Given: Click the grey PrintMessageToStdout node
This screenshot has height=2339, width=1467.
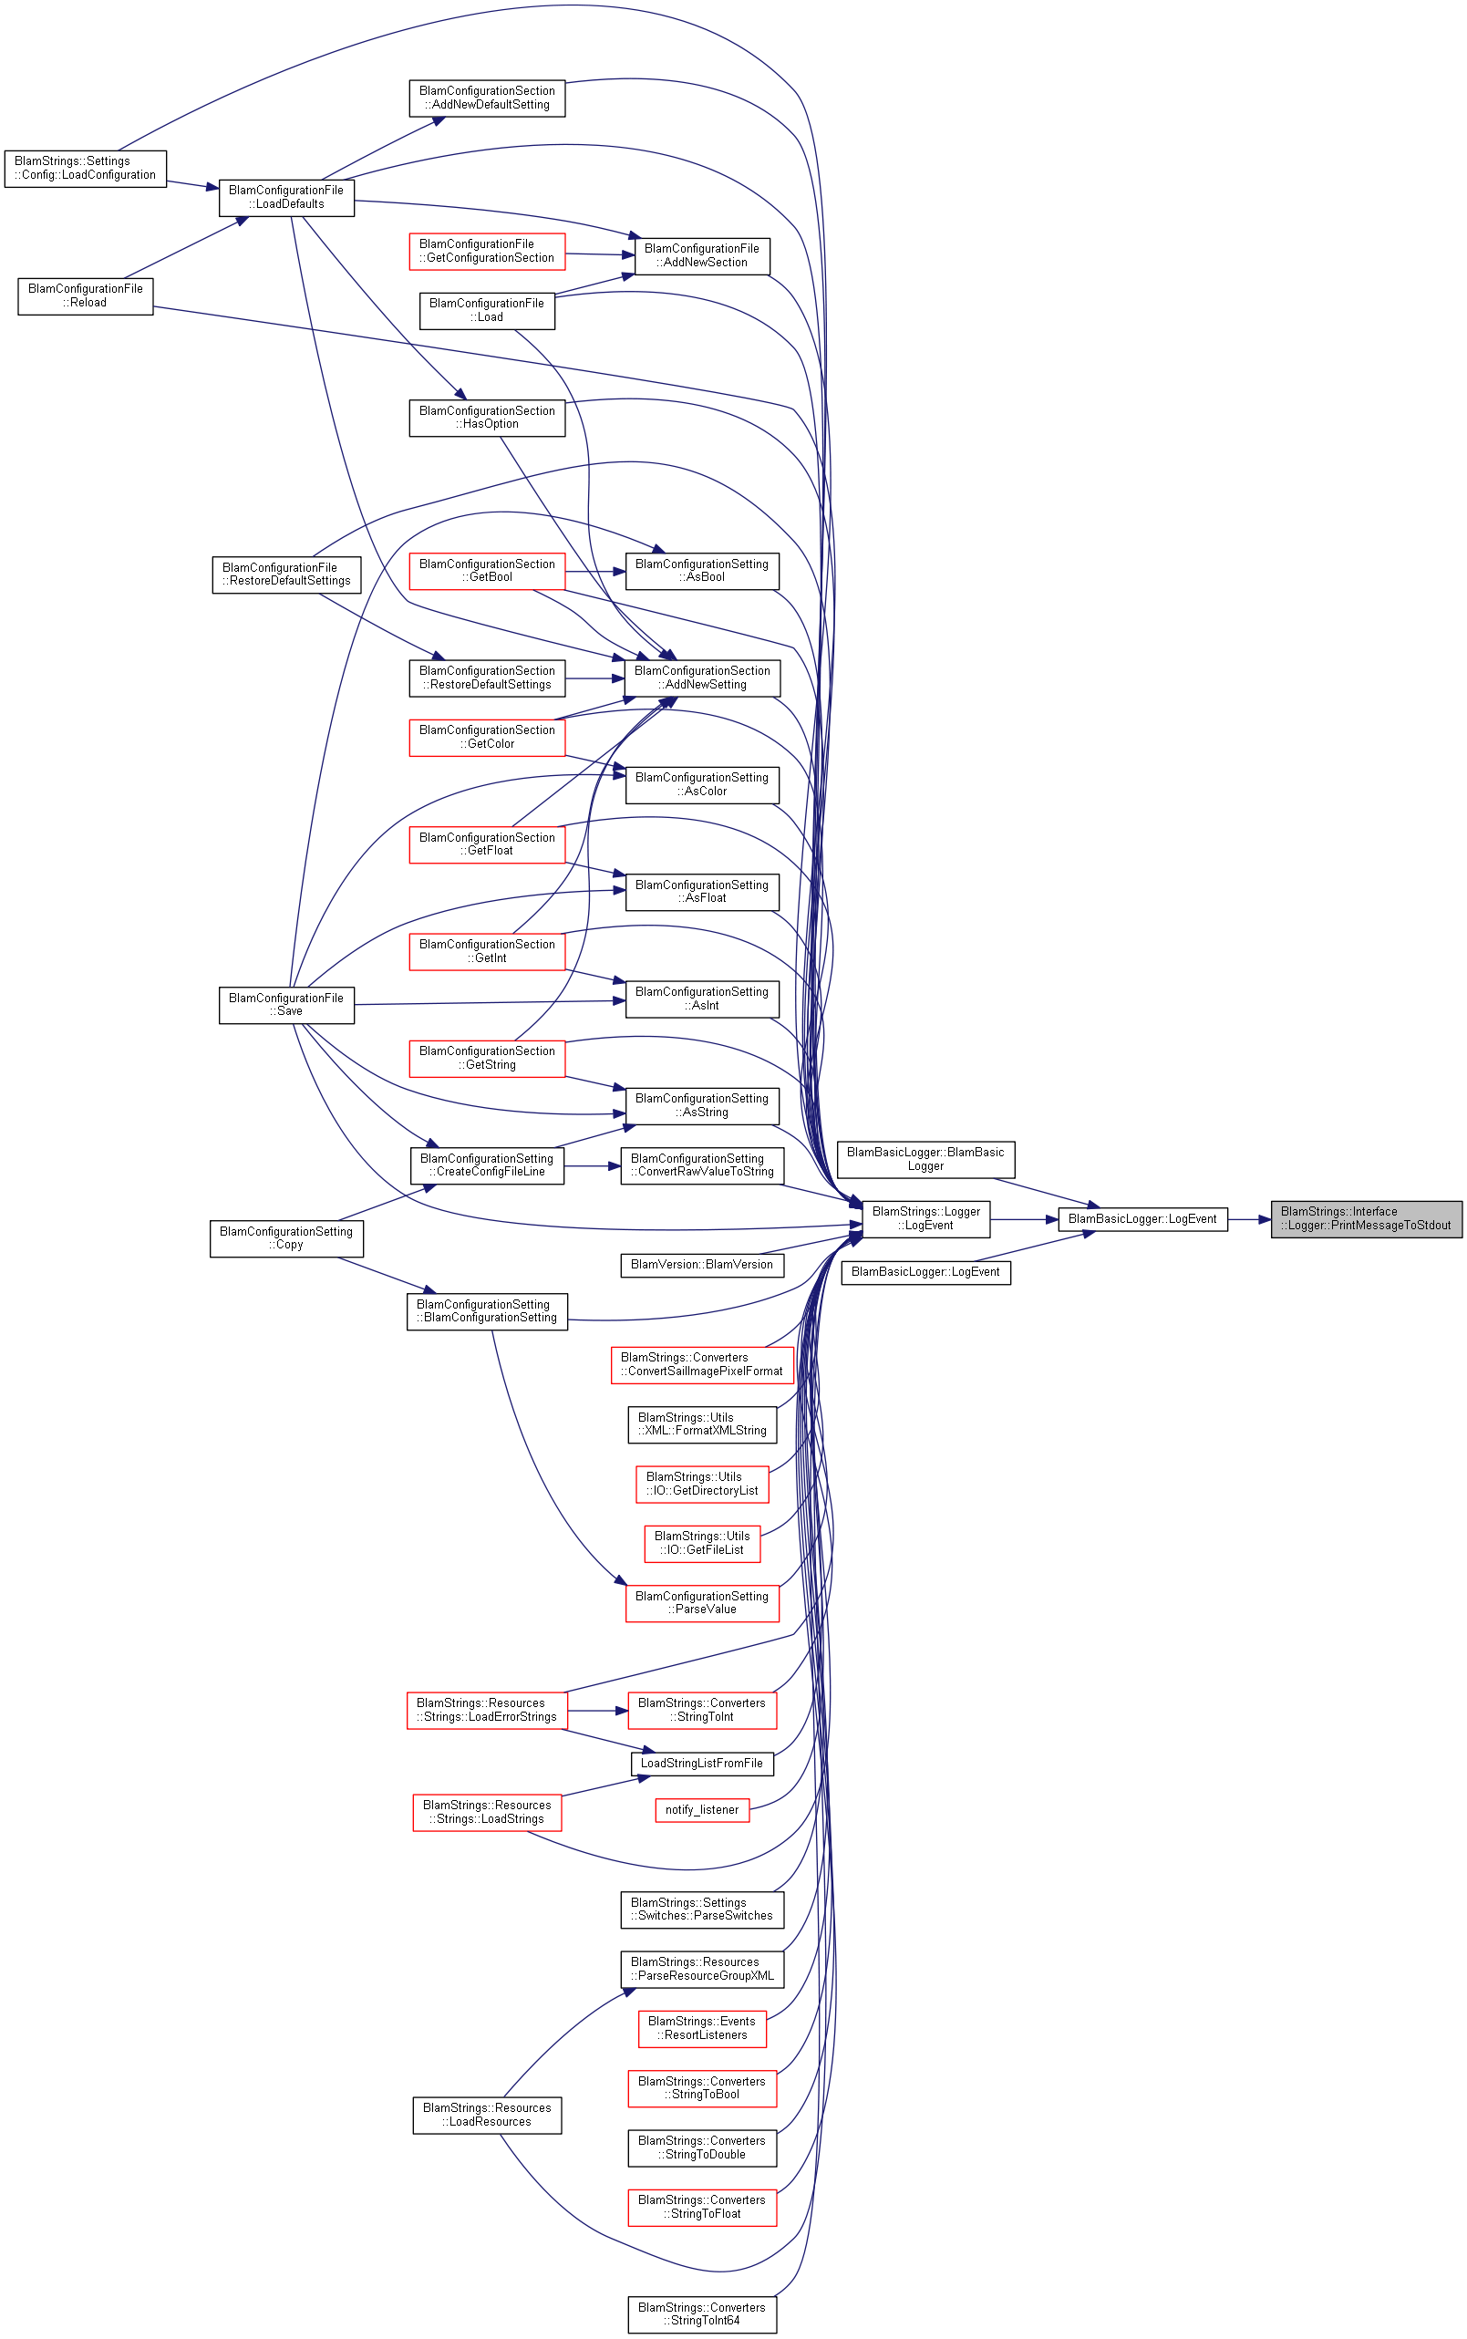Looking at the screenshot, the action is coord(1366,1218).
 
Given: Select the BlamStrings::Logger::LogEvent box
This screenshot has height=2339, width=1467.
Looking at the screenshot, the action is coord(925,1218).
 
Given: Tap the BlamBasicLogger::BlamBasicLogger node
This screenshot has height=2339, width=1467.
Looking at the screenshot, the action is coord(925,1159).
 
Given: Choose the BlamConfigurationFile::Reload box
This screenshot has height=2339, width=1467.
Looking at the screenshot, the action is coord(86,295).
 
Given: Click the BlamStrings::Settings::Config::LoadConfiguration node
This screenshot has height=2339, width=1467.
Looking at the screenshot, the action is coord(86,169).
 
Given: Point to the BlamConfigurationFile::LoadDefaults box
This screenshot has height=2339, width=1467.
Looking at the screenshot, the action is coord(286,198).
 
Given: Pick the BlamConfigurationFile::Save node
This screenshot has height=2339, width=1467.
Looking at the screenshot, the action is coord(286,1005).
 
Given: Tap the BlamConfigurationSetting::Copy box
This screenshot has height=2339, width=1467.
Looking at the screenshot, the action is coord(286,1239).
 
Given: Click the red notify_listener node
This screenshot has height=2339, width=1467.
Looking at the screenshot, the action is coord(702,1810).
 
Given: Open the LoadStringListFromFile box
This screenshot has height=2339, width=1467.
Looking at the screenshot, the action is coord(702,1764).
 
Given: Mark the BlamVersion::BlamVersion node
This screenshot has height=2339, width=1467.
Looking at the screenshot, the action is coord(702,1265).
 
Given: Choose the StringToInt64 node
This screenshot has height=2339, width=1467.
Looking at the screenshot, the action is coord(702,2314).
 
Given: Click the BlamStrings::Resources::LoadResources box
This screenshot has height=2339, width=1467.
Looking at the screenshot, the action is coord(487,2115).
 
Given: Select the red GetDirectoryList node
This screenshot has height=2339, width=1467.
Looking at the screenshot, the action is coord(702,1485).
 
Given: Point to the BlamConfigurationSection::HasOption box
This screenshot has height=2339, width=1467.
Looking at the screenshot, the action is coord(487,417).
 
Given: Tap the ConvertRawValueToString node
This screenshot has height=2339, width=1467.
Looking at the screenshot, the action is coord(702,1165).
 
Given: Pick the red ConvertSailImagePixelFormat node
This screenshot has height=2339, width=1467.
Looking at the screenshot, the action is coord(702,1365).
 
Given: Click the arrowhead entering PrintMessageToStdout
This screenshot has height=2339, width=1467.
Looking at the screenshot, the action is coord(1265,1219).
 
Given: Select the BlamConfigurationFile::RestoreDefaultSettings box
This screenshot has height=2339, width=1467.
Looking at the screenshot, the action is coord(286,574).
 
